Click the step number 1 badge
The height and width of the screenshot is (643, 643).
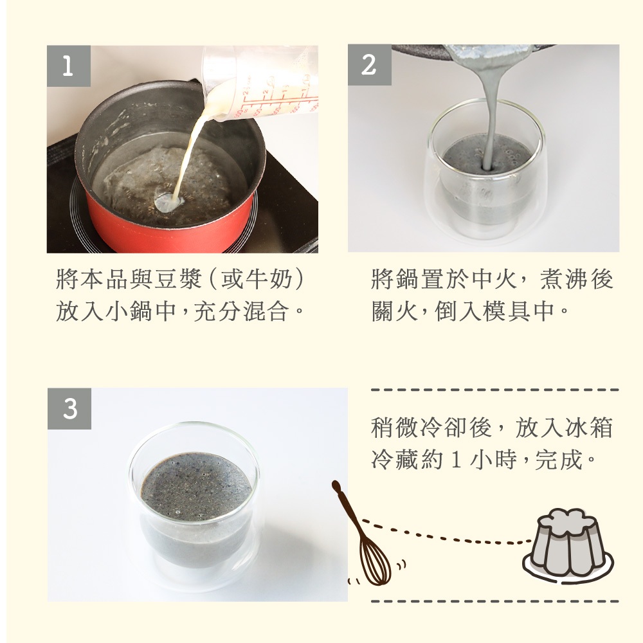click(x=69, y=66)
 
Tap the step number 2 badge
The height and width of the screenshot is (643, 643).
click(x=370, y=65)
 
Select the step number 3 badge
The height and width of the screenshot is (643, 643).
click(x=69, y=408)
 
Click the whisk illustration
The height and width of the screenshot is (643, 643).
click(x=361, y=534)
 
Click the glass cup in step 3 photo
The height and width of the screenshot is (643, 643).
click(x=195, y=508)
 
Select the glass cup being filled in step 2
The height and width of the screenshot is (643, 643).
click(x=485, y=172)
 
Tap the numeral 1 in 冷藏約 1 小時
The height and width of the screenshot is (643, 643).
click(x=456, y=460)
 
